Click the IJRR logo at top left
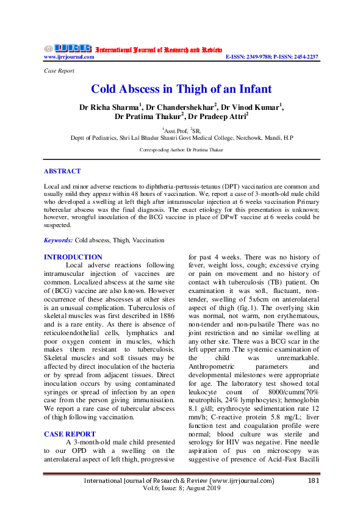click(66, 48)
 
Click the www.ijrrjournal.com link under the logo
click(69, 57)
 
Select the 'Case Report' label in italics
click(60, 71)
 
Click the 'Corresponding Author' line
click(181, 150)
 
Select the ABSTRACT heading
click(62, 172)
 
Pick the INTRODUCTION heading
click(73, 258)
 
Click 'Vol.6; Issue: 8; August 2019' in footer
click(181, 490)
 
